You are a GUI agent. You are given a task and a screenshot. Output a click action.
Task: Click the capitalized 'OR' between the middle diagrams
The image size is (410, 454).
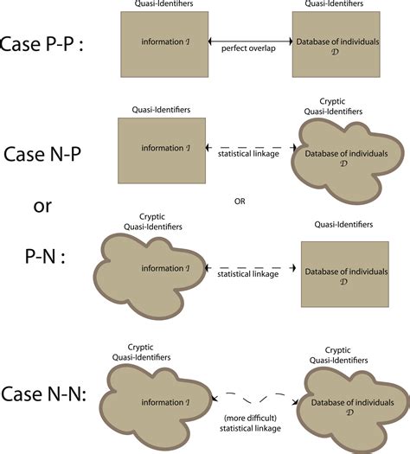(x=241, y=201)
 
